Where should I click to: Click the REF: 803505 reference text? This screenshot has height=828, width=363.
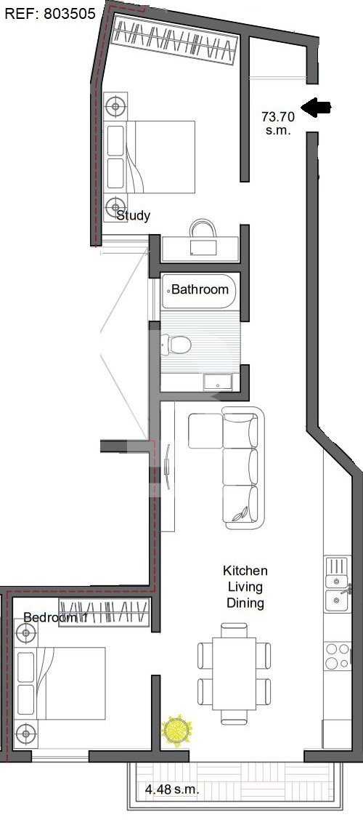tap(49, 13)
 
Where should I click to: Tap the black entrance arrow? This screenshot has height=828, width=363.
tap(316, 108)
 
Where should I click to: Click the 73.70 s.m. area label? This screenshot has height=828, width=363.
tap(278, 123)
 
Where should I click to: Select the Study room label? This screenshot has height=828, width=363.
tap(133, 215)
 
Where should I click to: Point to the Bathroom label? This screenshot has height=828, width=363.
tap(200, 289)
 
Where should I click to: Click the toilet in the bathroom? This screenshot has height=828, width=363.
tap(176, 345)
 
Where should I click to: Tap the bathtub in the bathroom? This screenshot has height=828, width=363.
tap(198, 291)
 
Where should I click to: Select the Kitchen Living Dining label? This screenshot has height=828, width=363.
tap(245, 587)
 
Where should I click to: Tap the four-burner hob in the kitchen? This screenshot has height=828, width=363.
tap(338, 655)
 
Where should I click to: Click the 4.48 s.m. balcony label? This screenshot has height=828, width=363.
tap(172, 789)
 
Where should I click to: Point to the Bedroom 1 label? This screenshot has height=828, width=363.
tap(55, 617)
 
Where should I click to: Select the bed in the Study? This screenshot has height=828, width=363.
tap(150, 157)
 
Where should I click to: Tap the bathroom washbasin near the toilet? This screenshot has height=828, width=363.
tap(217, 382)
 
